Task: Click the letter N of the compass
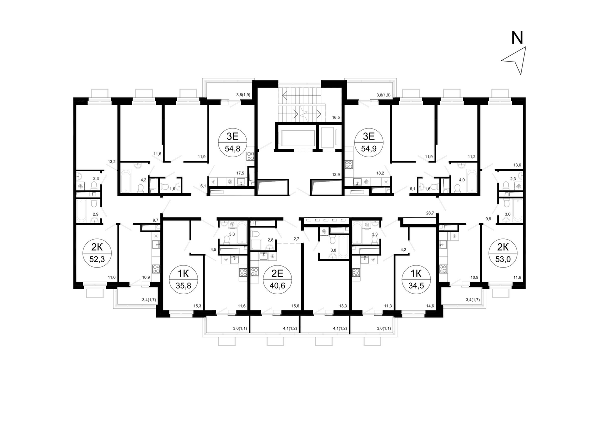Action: pyautogui.click(x=517, y=38)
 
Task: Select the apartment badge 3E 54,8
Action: pyautogui.click(x=233, y=143)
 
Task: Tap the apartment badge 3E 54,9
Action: pyautogui.click(x=369, y=143)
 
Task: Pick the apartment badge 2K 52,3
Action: pyautogui.click(x=97, y=253)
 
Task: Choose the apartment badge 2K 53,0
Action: pyautogui.click(x=503, y=253)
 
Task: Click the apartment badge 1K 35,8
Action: pyautogui.click(x=184, y=279)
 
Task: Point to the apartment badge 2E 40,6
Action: pyautogui.click(x=277, y=279)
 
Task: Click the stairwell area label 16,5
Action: pyautogui.click(x=336, y=117)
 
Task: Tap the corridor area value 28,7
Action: pyautogui.click(x=430, y=213)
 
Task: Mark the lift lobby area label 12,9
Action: pyautogui.click(x=336, y=175)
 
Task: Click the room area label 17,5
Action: pyautogui.click(x=240, y=173)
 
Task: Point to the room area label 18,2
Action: pyautogui.click(x=380, y=173)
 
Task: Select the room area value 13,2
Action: pyautogui.click(x=112, y=162)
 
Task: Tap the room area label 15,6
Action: pyautogui.click(x=295, y=306)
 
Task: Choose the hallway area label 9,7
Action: pyautogui.click(x=156, y=220)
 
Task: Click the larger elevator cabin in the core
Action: pyautogui.click(x=298, y=138)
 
